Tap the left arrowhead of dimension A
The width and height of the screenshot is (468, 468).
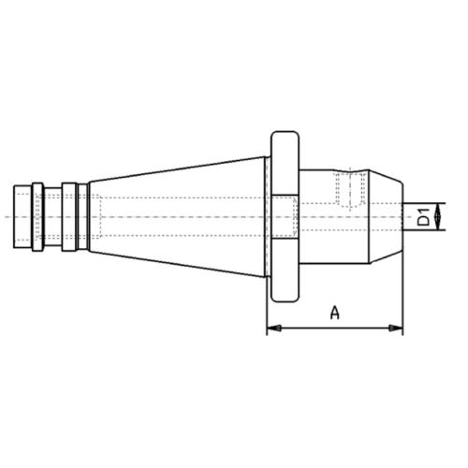(x=272, y=329)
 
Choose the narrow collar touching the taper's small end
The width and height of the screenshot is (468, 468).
(x=84, y=217)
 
